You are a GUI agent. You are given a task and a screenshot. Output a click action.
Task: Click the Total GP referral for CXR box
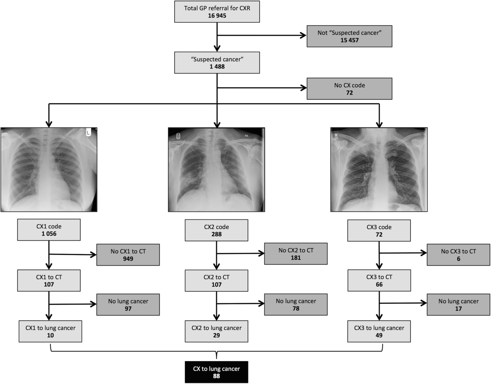(x=217, y=11)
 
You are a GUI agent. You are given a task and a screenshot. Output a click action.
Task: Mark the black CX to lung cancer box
(x=216, y=372)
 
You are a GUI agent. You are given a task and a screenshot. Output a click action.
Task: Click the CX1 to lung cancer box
(x=50, y=331)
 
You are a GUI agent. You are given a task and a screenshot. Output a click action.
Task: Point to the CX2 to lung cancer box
(x=216, y=331)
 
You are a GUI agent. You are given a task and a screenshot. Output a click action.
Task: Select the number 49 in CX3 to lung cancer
(x=379, y=335)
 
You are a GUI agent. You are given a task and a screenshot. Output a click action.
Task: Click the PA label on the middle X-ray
(x=246, y=136)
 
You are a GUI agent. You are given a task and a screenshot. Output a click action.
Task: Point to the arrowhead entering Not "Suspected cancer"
(x=304, y=36)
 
